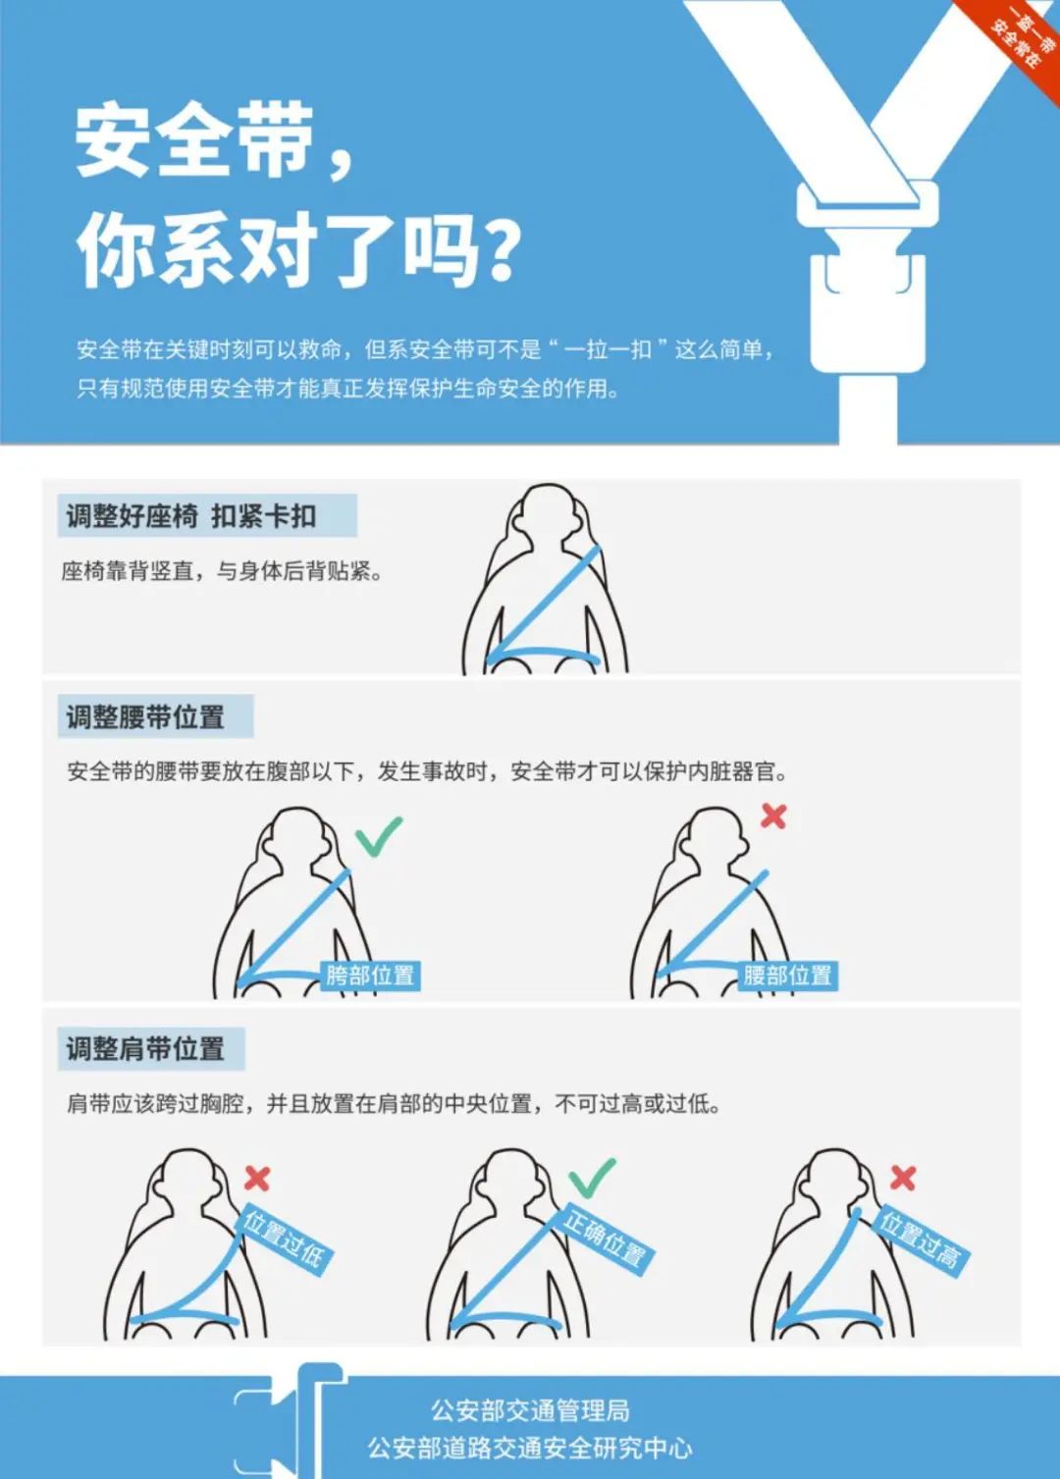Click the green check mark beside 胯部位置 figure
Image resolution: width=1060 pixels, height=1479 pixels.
(378, 835)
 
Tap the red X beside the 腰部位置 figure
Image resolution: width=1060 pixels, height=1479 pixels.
(773, 816)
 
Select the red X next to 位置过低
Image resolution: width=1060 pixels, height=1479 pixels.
(257, 1178)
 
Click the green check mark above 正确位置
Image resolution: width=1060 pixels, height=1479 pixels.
(592, 1178)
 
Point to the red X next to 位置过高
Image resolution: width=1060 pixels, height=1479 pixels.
(903, 1178)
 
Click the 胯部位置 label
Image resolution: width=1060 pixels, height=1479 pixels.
(370, 976)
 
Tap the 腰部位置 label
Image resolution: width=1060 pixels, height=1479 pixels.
(787, 976)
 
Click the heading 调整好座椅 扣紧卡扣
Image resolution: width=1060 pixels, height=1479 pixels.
(192, 516)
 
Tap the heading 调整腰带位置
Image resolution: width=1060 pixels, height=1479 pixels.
(145, 717)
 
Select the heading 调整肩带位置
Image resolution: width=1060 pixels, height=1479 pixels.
(145, 1049)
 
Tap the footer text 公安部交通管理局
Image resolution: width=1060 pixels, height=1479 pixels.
(530, 1410)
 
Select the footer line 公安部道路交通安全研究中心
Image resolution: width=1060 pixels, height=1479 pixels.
(530, 1449)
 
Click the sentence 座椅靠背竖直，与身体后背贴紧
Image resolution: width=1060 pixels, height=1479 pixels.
(221, 571)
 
